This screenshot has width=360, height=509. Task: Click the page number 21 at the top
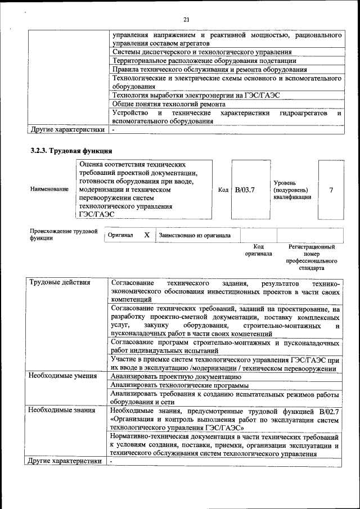click(x=186, y=20)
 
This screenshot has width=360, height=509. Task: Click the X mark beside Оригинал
click(x=146, y=235)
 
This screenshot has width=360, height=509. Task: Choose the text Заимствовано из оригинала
click(x=194, y=235)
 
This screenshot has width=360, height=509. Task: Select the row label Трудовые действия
click(x=59, y=282)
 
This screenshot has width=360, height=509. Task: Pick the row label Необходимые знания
click(x=61, y=411)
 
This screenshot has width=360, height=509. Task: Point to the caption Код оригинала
click(x=258, y=250)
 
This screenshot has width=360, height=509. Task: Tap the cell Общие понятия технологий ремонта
click(x=169, y=104)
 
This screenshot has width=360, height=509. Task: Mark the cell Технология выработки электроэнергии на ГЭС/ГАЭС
click(x=196, y=95)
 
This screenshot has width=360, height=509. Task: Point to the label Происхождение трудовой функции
click(x=64, y=235)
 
